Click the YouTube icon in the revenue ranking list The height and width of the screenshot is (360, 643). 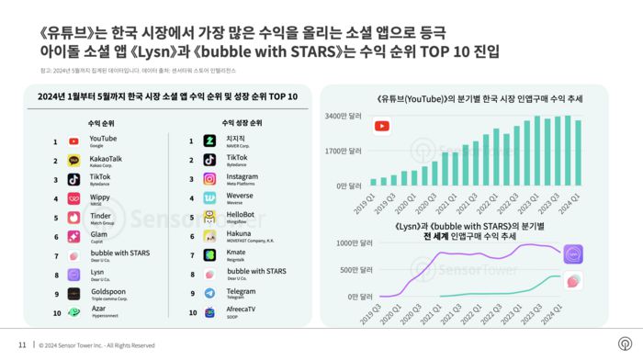pyautogui.click(x=73, y=142)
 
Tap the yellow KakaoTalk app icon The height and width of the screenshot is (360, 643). pyautogui.click(x=73, y=161)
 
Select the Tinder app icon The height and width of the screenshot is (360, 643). pyautogui.click(x=73, y=218)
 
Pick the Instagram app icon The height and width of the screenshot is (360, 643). pyautogui.click(x=209, y=179)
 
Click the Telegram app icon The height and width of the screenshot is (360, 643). pyautogui.click(x=209, y=293)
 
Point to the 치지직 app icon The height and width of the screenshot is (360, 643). pyautogui.click(x=209, y=141)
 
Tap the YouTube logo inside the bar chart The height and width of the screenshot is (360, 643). pyautogui.click(x=381, y=127)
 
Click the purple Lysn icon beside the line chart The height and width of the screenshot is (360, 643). pyautogui.click(x=574, y=254)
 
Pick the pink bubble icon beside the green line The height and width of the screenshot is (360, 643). pyautogui.click(x=574, y=281)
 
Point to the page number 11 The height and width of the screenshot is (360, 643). pyautogui.click(x=22, y=345)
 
